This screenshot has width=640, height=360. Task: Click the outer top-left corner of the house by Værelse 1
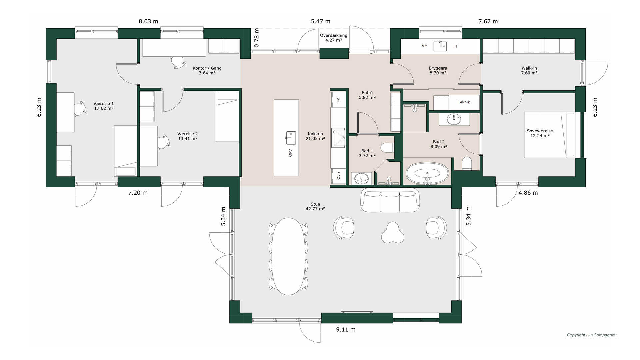pyautogui.click(x=46, y=29)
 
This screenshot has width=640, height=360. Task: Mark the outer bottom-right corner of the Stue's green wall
pyautogui.click(x=462, y=323)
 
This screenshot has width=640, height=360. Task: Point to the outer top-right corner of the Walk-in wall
pyautogui.click(x=586, y=29)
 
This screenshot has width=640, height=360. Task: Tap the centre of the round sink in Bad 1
pyautogui.click(x=360, y=179)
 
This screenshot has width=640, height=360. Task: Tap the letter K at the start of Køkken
pyautogui.click(x=309, y=134)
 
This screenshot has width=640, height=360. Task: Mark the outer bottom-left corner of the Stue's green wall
pyautogui.click(x=230, y=323)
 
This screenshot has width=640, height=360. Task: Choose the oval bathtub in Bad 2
pyautogui.click(x=427, y=173)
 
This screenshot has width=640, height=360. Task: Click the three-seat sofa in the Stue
pyautogui.click(x=390, y=200)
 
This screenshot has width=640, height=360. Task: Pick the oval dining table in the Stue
pyautogui.click(x=288, y=256)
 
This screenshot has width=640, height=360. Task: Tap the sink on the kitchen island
pyautogui.click(x=291, y=138)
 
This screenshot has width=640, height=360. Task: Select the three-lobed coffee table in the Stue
pyautogui.click(x=392, y=233)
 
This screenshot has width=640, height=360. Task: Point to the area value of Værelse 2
pyautogui.click(x=188, y=139)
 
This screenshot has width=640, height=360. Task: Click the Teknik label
pyautogui.click(x=464, y=102)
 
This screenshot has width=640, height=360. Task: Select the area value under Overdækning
pyautogui.click(x=334, y=40)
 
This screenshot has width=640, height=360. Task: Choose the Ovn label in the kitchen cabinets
pyautogui.click(x=338, y=176)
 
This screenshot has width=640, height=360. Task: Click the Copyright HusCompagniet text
pyautogui.click(x=592, y=335)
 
